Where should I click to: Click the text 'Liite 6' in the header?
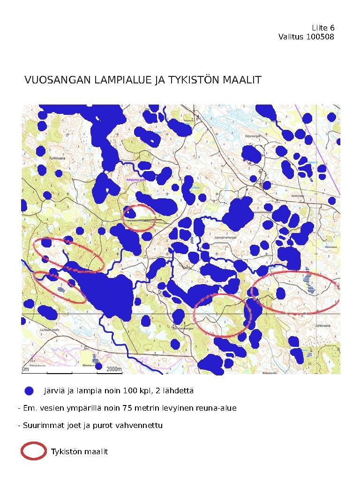(x=323, y=28)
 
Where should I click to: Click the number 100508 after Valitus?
(x=320, y=37)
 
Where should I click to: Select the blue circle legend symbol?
(x=30, y=390)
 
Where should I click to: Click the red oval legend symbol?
(x=33, y=451)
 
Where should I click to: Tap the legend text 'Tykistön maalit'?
(x=79, y=451)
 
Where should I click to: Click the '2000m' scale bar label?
(x=114, y=369)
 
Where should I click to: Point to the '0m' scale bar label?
(x=26, y=369)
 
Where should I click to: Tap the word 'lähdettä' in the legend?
(x=179, y=390)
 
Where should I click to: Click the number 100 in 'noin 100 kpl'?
(x=130, y=390)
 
